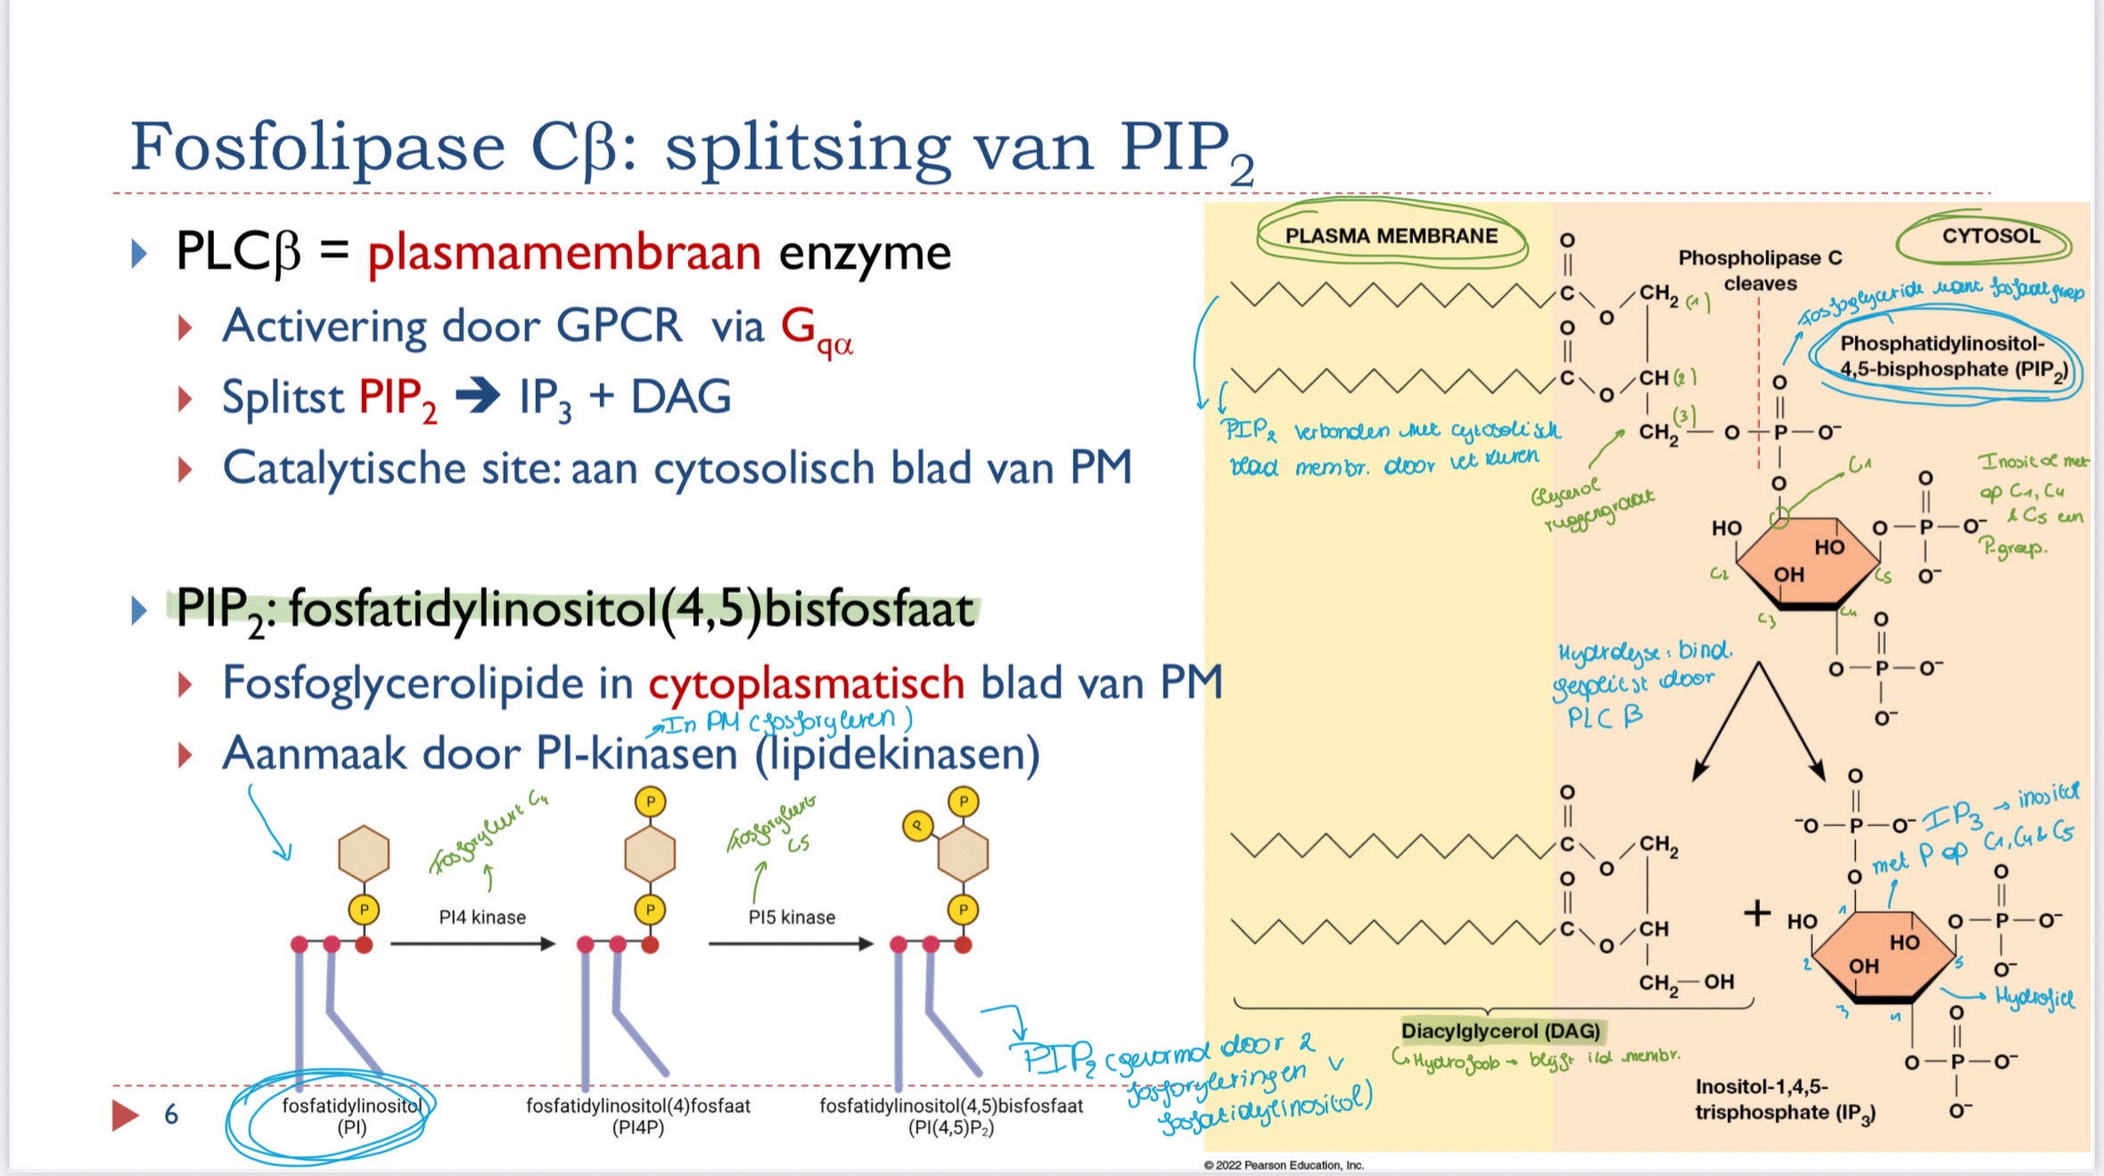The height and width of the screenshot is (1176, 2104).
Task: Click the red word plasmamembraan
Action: (563, 253)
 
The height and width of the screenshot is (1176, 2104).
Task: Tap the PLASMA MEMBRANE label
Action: (1391, 236)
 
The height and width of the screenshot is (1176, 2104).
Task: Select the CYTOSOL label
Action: (1990, 236)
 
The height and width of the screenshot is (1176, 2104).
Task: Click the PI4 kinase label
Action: (482, 917)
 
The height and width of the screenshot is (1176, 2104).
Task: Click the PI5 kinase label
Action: (792, 917)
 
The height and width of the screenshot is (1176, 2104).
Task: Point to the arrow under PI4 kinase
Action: (473, 944)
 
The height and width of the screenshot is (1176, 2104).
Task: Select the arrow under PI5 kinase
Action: (790, 944)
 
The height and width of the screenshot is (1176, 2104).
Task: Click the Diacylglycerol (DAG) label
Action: (1500, 1032)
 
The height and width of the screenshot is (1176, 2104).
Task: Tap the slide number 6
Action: (171, 1114)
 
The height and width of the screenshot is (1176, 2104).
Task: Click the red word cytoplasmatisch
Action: (806, 684)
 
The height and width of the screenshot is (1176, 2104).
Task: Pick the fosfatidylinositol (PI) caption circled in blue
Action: (351, 1116)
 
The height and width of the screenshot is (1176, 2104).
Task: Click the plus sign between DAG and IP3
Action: (1756, 913)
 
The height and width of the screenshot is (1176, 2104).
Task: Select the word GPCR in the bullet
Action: (619, 326)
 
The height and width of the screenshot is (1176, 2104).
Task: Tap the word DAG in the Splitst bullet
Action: (681, 398)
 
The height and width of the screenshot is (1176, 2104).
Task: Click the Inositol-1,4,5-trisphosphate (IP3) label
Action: (1785, 1099)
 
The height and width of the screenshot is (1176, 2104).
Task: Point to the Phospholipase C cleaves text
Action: (1760, 270)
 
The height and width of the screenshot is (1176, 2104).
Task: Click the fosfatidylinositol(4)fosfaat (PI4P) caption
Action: (638, 1116)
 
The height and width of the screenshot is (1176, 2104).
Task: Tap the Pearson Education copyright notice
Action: (1284, 1165)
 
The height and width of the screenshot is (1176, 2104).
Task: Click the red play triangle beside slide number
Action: (125, 1115)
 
